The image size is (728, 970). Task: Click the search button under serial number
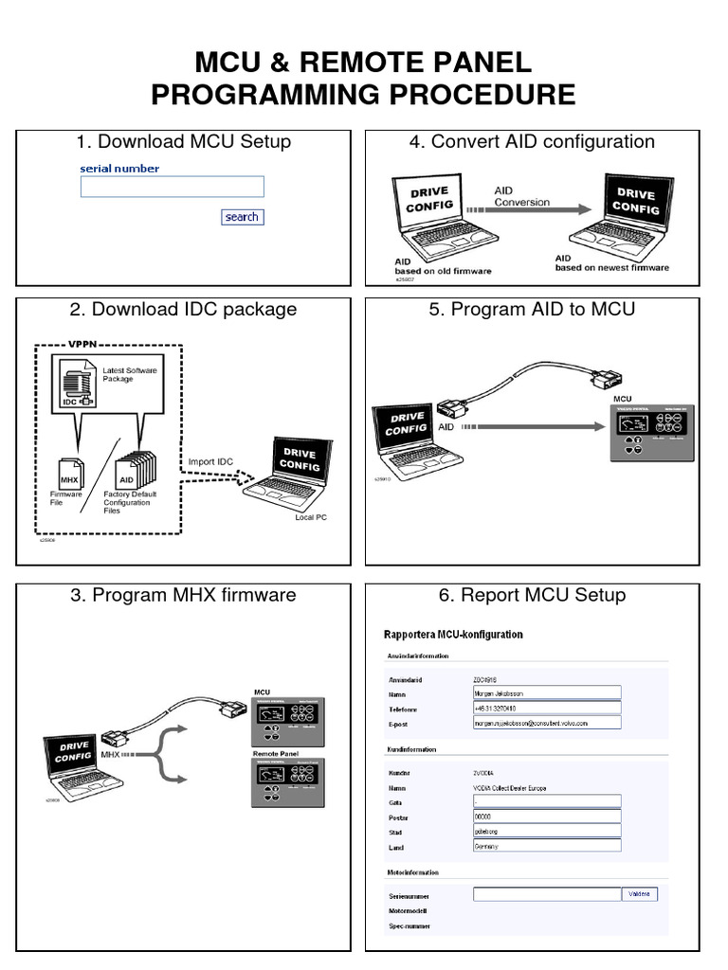pyautogui.click(x=242, y=217)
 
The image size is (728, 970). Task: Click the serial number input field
pyautogui.click(x=172, y=187)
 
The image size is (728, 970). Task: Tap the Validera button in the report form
pyautogui.click(x=641, y=893)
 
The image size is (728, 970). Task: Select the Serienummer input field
pyautogui.click(x=547, y=893)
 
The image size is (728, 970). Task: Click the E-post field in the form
pyautogui.click(x=547, y=723)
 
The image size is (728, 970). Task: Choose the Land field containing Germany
pyautogui.click(x=547, y=846)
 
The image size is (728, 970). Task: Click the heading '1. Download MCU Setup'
pyautogui.click(x=183, y=142)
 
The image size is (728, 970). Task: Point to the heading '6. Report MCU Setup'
pyautogui.click(x=532, y=595)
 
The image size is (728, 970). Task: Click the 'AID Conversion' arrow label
pyautogui.click(x=521, y=196)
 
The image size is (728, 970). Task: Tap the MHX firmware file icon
pyautogui.click(x=70, y=472)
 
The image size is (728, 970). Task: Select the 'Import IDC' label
pyautogui.click(x=209, y=461)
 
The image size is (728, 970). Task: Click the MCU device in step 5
pyautogui.click(x=655, y=430)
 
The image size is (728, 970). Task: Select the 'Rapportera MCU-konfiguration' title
pyautogui.click(x=452, y=634)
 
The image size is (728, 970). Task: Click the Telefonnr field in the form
pyautogui.click(x=547, y=708)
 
